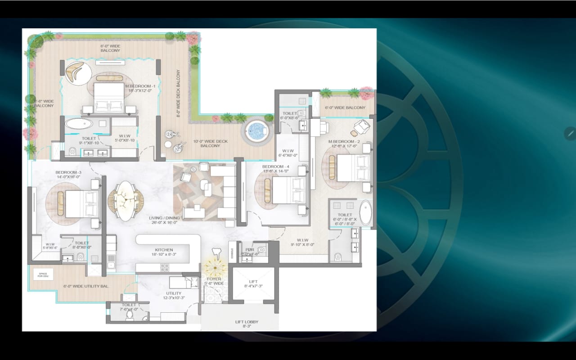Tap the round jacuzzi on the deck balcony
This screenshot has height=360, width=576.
click(x=256, y=130)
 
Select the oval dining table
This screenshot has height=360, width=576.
click(x=126, y=201)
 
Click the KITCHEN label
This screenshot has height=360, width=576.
click(x=164, y=250)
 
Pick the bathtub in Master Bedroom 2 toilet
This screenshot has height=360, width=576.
click(x=365, y=213)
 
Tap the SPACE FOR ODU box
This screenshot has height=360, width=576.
click(x=43, y=274)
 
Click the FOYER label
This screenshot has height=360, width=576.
click(x=214, y=279)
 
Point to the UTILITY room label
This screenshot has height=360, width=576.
click(x=174, y=293)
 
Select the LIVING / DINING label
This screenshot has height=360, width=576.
click(x=164, y=218)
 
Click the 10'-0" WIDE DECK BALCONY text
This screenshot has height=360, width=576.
click(x=210, y=144)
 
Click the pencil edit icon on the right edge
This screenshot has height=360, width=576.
click(x=571, y=133)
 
